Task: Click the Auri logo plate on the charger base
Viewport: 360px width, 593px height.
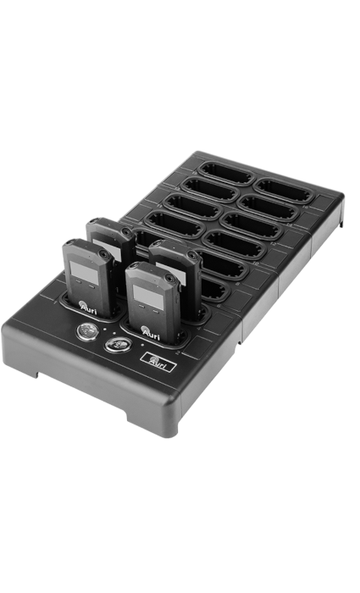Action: (158, 363)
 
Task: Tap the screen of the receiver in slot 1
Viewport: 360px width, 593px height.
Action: (82, 270)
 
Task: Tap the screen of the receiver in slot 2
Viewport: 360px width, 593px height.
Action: (148, 296)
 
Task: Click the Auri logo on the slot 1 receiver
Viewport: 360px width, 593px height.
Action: (88, 307)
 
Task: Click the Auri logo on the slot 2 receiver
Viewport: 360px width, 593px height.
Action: (151, 333)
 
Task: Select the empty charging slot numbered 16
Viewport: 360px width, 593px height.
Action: (284, 191)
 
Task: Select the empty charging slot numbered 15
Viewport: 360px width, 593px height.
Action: (226, 174)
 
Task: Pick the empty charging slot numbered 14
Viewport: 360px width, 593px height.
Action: (269, 208)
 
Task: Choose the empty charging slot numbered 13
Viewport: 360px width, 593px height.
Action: (210, 190)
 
